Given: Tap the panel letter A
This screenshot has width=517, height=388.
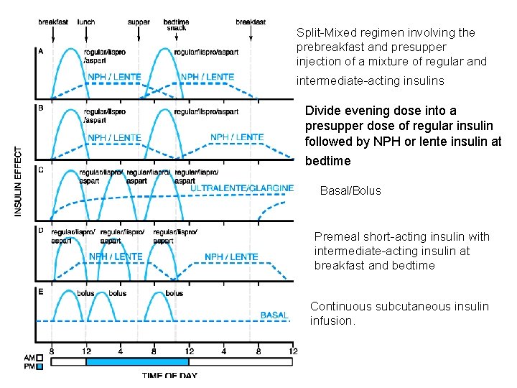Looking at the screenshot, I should pyautogui.click(x=40, y=51).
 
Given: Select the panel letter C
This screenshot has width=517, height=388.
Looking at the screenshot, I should pyautogui.click(x=40, y=170).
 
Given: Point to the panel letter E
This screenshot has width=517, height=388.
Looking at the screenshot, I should pyautogui.click(x=40, y=291).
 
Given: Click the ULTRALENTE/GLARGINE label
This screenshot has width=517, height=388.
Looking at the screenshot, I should pyautogui.click(x=242, y=188).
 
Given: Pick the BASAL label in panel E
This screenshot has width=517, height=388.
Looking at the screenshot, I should pyautogui.click(x=274, y=315).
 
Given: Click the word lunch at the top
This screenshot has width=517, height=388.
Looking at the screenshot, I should pyautogui.click(x=86, y=22).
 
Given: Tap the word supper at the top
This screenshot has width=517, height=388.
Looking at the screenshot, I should pyautogui.click(x=139, y=22).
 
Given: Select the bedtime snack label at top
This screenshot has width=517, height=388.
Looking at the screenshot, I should pyautogui.click(x=176, y=25).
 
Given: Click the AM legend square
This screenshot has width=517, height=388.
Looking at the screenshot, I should pyautogui.click(x=39, y=357).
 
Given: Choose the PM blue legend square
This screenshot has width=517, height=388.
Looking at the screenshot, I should pyautogui.click(x=39, y=366).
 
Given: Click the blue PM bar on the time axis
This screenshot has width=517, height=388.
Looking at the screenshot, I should pyautogui.click(x=136, y=361).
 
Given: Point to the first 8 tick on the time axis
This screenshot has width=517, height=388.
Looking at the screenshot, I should pyautogui.click(x=52, y=351).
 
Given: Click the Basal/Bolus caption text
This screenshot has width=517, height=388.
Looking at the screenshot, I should pyautogui.click(x=350, y=190).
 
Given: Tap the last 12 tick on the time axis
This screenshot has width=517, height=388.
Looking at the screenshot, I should pyautogui.click(x=292, y=351).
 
